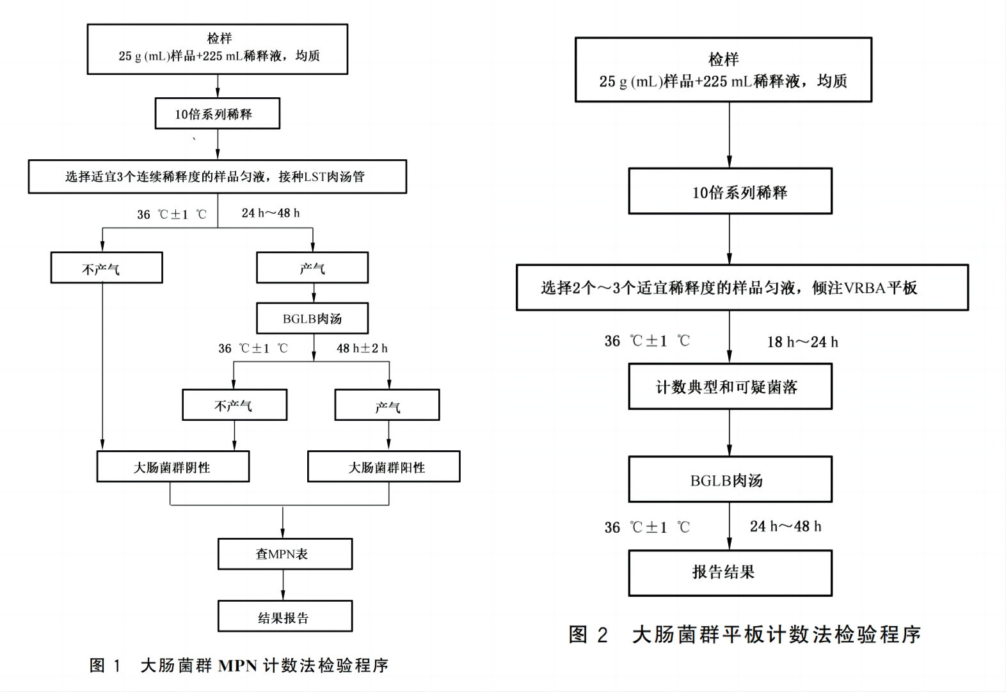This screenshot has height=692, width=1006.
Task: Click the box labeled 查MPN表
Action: coord(285,554)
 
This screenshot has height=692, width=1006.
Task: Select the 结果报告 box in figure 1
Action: coord(285,617)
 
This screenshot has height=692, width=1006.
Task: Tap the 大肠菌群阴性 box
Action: coord(173,467)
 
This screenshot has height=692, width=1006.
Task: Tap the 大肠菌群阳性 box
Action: coord(383,467)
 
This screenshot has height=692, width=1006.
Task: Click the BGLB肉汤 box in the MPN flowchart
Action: coord(312,318)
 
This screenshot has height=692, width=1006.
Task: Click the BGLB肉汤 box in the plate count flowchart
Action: coord(730,480)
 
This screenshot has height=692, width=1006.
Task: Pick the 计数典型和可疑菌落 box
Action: coord(730,386)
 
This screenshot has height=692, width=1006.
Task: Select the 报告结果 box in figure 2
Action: coord(730,572)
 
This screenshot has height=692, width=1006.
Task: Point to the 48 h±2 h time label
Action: coord(362,349)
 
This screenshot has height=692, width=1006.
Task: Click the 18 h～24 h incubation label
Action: coord(802,342)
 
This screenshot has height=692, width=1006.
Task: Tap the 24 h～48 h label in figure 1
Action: coord(271,213)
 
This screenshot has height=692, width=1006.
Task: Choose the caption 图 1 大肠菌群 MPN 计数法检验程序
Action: coord(239,666)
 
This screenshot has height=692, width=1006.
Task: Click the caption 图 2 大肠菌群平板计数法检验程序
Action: coord(744,634)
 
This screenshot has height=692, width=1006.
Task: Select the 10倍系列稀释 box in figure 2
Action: coord(730,191)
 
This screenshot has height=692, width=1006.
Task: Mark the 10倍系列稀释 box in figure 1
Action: coord(217,114)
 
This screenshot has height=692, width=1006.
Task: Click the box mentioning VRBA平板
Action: coord(742,288)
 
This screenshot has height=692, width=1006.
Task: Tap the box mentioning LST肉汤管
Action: coord(217,177)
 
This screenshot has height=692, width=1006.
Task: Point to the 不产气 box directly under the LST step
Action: coord(106,268)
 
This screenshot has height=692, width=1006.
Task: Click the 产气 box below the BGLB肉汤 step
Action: coord(387,405)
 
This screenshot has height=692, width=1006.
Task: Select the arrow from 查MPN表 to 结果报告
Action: coord(283,585)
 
